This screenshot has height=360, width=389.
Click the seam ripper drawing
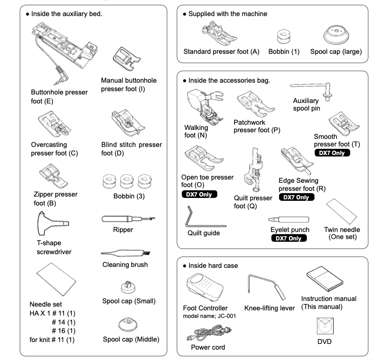128,219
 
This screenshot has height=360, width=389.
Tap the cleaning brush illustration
126,253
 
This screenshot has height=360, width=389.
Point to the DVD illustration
325,326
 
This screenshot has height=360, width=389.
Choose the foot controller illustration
205,287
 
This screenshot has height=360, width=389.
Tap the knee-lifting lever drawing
266,287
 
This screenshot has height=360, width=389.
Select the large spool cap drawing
336,34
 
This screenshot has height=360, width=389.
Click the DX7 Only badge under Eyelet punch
289,238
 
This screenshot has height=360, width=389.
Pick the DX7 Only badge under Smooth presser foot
332,153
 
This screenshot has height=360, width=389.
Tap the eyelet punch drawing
288,220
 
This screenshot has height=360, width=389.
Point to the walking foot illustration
205,107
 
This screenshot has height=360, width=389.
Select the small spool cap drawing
128,287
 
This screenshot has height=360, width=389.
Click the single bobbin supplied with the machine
284,36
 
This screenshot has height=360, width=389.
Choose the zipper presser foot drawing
54,176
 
